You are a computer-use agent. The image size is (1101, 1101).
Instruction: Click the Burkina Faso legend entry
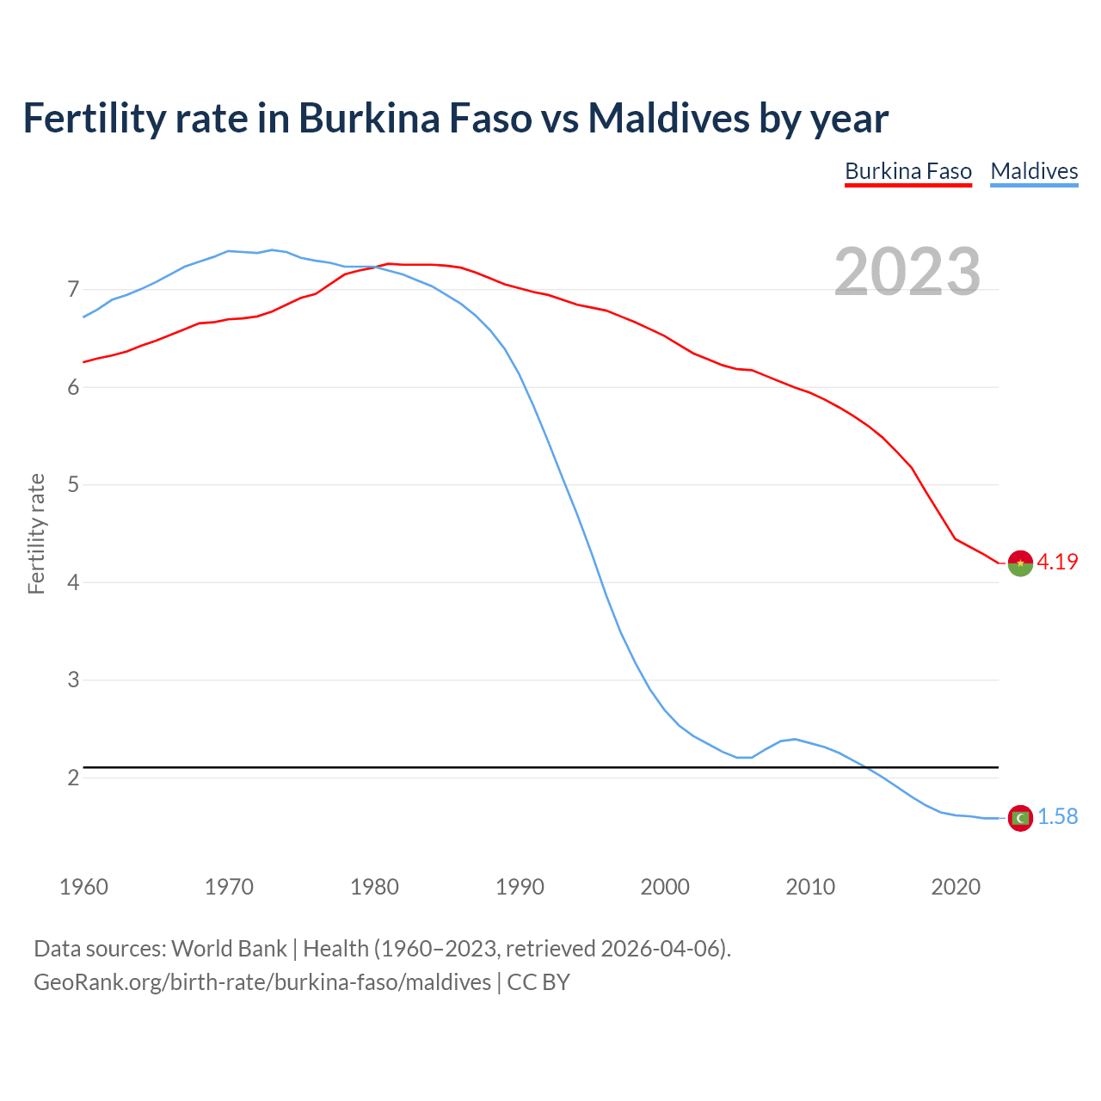point(908,171)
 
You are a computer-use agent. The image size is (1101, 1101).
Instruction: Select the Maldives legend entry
point(1034,171)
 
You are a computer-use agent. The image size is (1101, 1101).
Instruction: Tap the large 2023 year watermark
point(907,272)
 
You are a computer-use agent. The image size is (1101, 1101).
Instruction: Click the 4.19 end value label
point(1057,563)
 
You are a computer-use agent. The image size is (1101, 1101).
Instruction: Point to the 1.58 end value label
point(1057,817)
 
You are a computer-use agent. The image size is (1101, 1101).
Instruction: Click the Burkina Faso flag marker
point(1020,563)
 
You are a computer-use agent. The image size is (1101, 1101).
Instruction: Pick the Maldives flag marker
point(1020,818)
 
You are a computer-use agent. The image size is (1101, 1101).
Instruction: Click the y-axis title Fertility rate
point(36,533)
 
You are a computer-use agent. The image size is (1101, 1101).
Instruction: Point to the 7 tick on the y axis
point(73,290)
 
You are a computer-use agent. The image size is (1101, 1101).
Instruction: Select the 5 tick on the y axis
point(73,485)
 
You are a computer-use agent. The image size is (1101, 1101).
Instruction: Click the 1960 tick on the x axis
point(83,887)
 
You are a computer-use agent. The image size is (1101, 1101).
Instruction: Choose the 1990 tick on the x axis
point(520,887)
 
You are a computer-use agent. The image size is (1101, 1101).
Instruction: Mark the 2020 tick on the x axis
point(956,887)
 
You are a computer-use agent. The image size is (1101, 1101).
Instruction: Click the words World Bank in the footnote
point(229,949)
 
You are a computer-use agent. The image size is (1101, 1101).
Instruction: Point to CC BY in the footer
point(538,982)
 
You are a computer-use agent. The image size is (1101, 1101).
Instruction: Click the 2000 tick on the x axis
point(665,887)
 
